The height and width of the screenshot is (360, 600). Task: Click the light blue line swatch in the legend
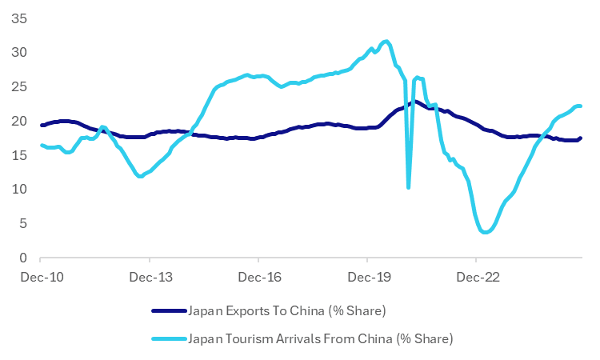point(168,338)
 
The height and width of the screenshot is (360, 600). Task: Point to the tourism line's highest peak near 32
point(386,41)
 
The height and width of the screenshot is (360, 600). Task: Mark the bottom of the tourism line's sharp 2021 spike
point(409,187)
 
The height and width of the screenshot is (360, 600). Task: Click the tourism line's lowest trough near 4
point(484,232)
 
